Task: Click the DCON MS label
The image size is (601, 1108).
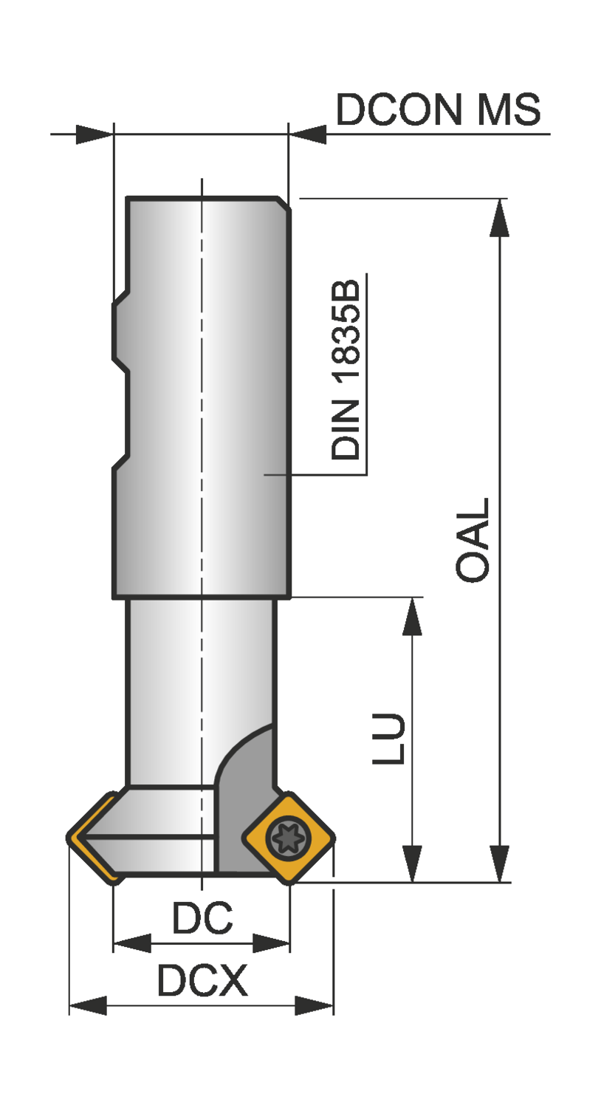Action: coord(438,109)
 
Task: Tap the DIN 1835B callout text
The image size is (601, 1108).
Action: coord(346,369)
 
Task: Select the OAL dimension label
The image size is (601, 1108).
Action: coord(473,540)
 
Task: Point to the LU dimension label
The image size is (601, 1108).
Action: coord(388,739)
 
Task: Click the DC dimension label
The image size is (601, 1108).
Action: coord(202,917)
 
